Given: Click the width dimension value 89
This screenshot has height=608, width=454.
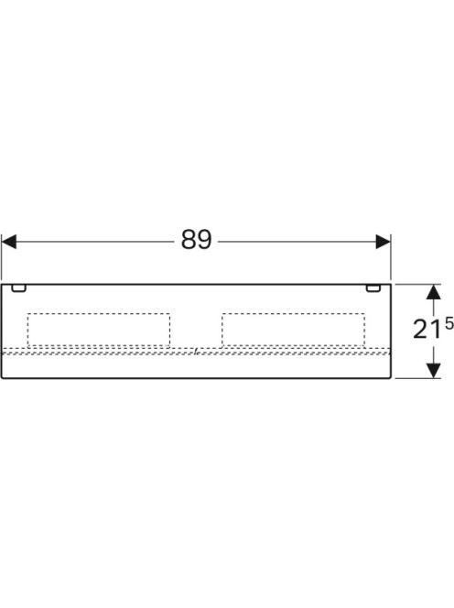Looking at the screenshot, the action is tap(197, 240).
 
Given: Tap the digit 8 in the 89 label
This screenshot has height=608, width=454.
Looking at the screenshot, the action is tap(189, 240).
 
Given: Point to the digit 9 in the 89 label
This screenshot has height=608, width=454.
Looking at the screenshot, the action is tap(204, 240).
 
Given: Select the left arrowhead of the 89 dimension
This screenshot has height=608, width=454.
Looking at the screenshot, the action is tap(9, 242).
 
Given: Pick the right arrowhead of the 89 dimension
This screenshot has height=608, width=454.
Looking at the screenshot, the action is tap(383, 242).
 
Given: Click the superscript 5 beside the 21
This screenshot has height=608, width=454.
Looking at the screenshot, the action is tap(449, 324).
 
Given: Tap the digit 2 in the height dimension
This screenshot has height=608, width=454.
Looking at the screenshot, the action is tap(420, 330).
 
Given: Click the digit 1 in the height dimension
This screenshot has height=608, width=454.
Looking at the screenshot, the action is tap(437, 330).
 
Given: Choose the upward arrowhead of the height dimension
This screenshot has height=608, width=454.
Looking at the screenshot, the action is tap(434, 291).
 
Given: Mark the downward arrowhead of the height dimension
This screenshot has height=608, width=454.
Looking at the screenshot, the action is tap(434, 370).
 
